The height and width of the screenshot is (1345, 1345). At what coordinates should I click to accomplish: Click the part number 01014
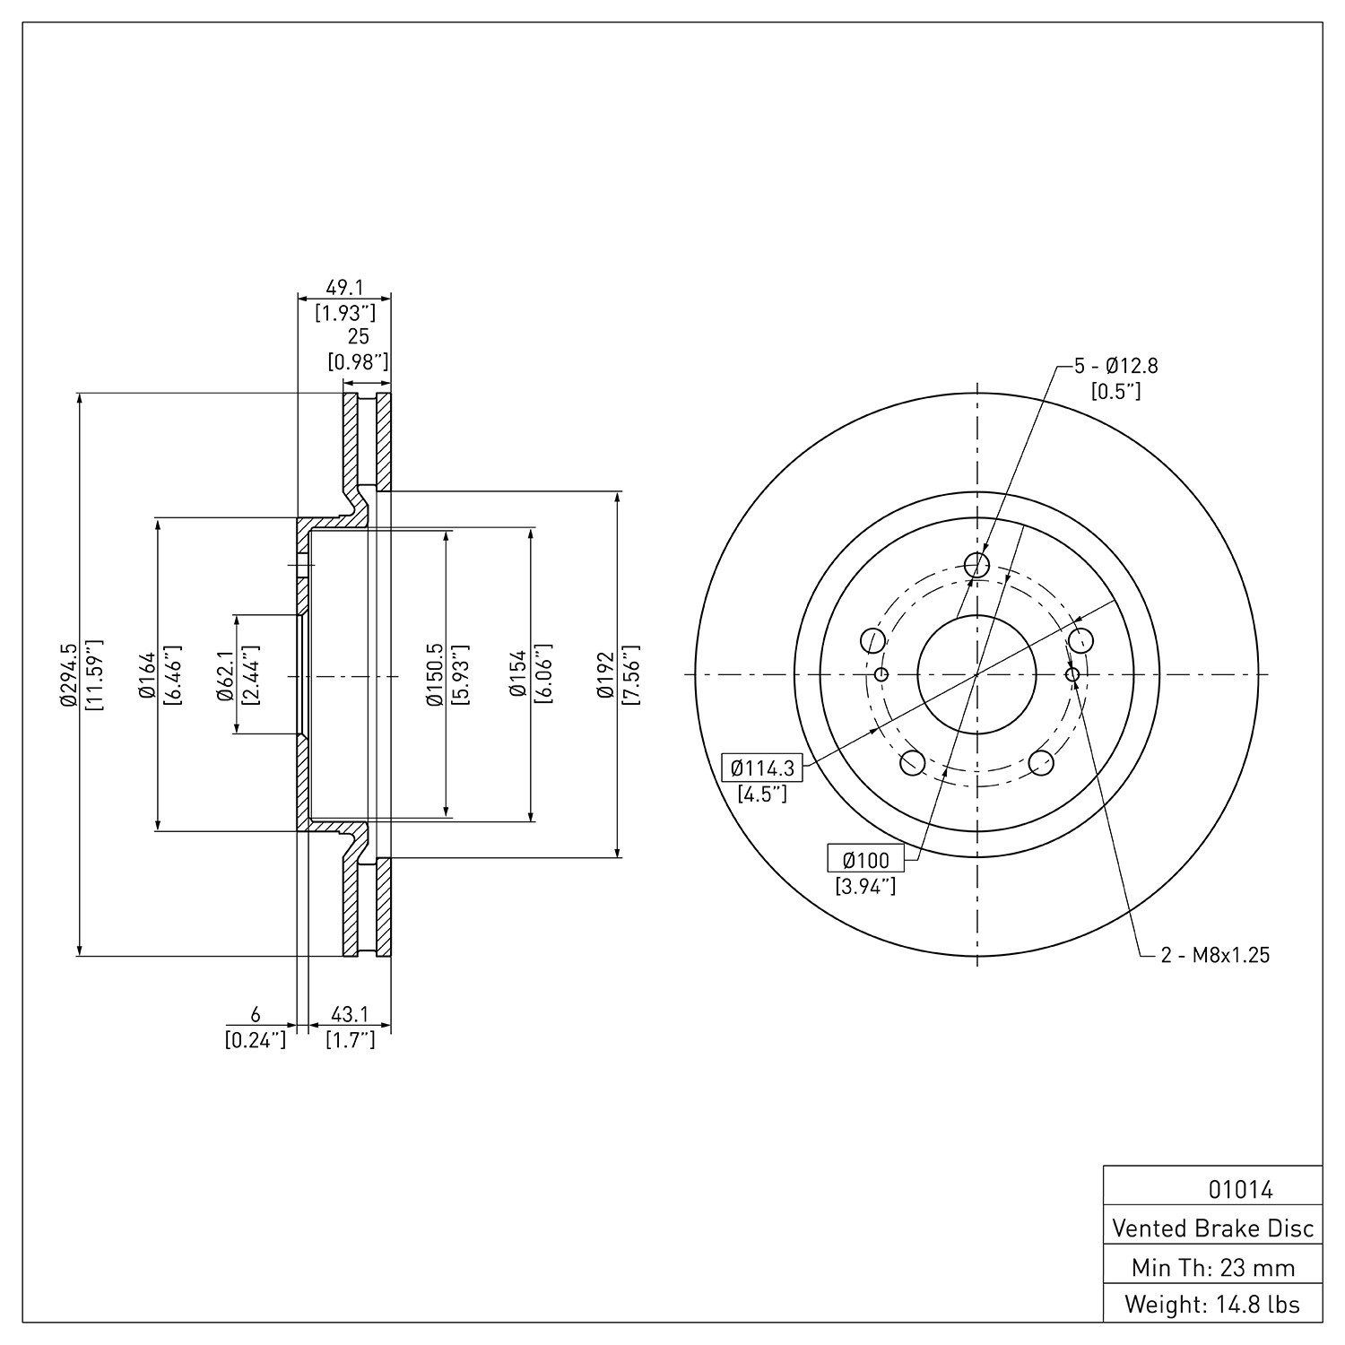pos(1241,1190)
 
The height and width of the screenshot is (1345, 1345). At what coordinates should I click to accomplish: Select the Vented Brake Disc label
pos(1213,1228)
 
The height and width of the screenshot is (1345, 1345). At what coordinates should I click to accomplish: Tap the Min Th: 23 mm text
pos(1213,1267)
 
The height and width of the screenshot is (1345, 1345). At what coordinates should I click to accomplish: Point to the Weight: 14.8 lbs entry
pos(1213,1304)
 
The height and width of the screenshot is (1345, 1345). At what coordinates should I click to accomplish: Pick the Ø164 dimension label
pos(147,674)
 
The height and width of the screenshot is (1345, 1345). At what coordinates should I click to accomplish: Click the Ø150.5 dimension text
pos(435,674)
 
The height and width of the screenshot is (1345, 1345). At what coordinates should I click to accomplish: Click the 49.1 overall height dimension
pos(344,287)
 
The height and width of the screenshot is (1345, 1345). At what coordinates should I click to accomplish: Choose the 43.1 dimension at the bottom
pos(350,1014)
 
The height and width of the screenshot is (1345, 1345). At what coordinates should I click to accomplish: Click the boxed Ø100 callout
pos(866,860)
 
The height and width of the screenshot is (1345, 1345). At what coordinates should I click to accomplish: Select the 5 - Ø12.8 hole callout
pos(1116,366)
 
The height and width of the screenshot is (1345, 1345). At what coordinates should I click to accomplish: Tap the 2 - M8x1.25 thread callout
pos(1216,955)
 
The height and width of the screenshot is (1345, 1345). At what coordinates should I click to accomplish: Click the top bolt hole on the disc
pos(976,565)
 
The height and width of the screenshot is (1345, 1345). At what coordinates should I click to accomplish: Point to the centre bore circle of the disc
pos(976,674)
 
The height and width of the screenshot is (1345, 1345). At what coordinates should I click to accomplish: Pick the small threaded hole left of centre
pos(881,674)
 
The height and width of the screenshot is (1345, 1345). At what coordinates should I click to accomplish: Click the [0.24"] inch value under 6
pos(255,1040)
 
